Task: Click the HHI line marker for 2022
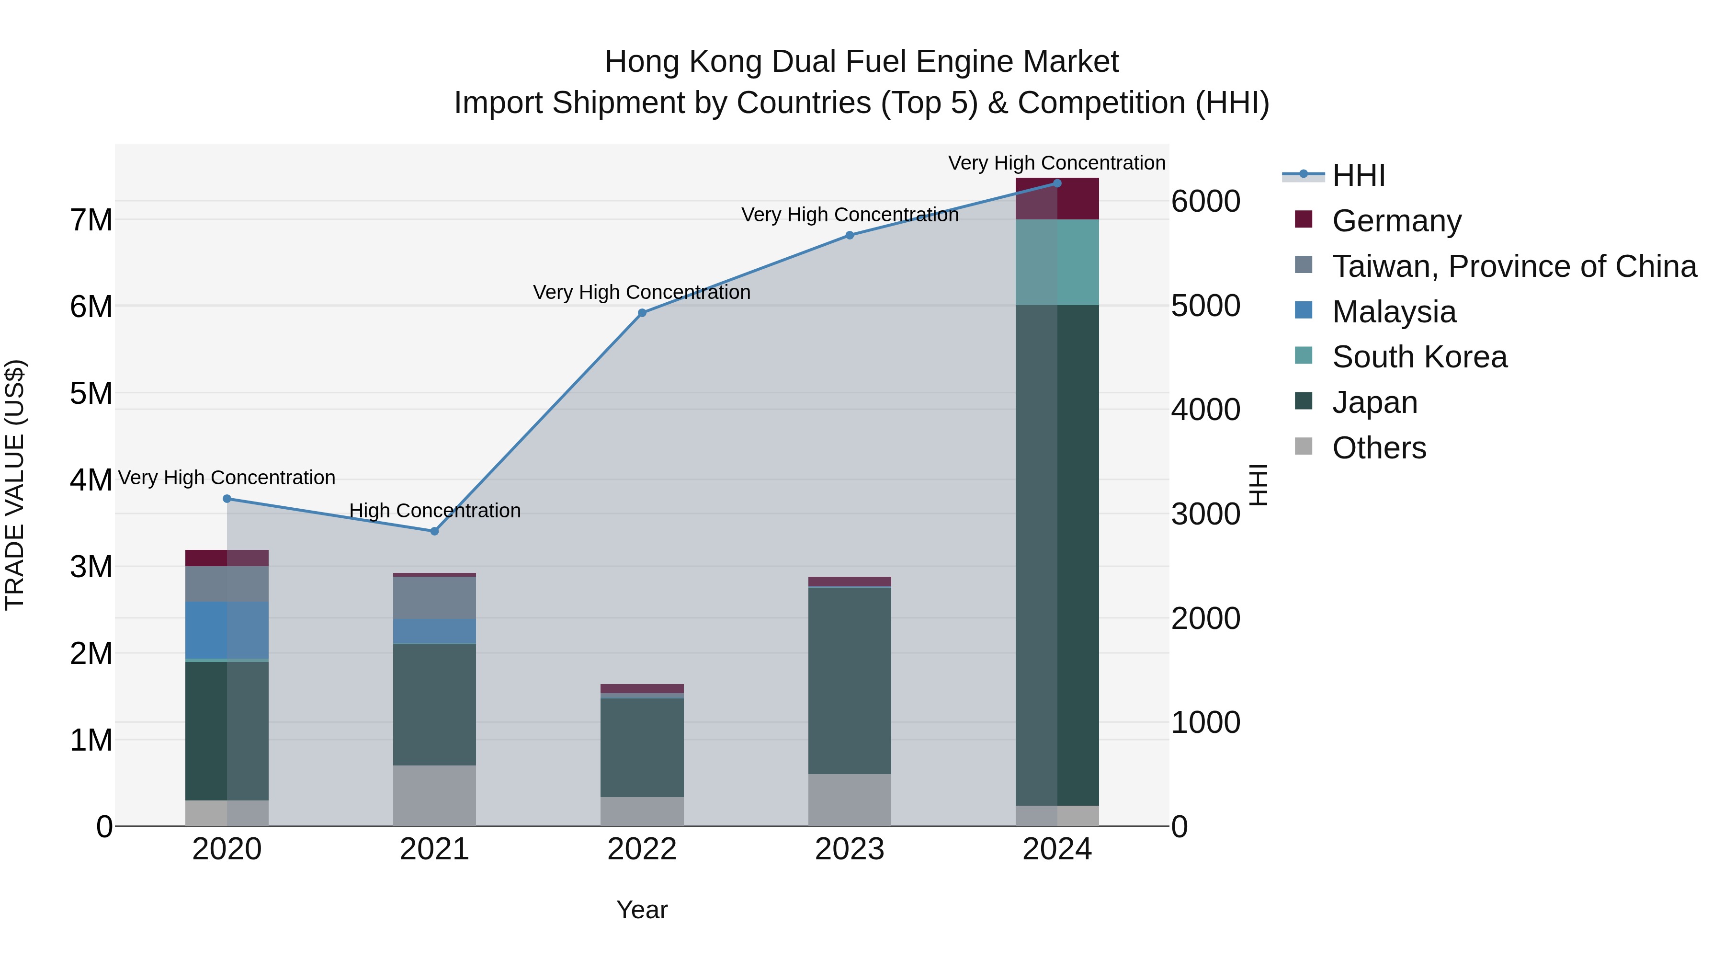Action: pyautogui.click(x=642, y=313)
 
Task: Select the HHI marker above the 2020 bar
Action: pyautogui.click(x=227, y=499)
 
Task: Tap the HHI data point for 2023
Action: pyautogui.click(x=849, y=235)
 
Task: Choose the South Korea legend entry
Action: pyautogui.click(x=1419, y=357)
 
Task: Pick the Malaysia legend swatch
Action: pyautogui.click(x=1304, y=310)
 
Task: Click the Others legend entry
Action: pyautogui.click(x=1379, y=447)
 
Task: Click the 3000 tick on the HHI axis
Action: pyautogui.click(x=1205, y=514)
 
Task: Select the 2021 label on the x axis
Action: pyautogui.click(x=434, y=849)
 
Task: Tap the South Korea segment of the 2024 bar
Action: pyautogui.click(x=1057, y=262)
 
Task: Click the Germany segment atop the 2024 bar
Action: pyautogui.click(x=1057, y=199)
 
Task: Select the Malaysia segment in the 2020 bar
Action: pyautogui.click(x=227, y=630)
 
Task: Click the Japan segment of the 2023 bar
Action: pyautogui.click(x=849, y=679)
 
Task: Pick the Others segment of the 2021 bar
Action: pyautogui.click(x=434, y=795)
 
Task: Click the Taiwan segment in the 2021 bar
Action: pyautogui.click(x=434, y=597)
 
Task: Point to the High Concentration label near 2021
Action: pyautogui.click(x=434, y=511)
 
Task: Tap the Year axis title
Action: pyautogui.click(x=642, y=910)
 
